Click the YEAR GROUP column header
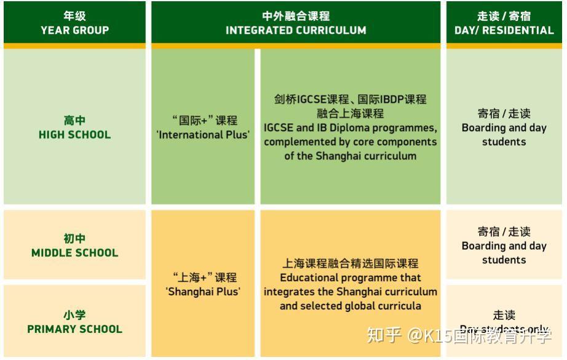(x=74, y=30)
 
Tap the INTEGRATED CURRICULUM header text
(x=296, y=30)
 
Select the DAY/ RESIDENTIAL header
(x=504, y=30)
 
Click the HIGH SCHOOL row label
(x=74, y=135)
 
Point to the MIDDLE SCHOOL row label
(x=74, y=253)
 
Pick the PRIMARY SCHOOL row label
(x=74, y=329)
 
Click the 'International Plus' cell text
(x=204, y=135)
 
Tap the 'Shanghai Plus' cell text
(x=203, y=292)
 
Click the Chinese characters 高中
(x=74, y=121)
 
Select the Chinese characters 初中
(x=74, y=239)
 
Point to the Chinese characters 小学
(x=74, y=315)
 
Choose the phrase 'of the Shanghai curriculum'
(x=350, y=156)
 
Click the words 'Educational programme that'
(x=350, y=278)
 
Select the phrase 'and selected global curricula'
(x=350, y=306)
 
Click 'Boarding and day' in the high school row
(x=504, y=128)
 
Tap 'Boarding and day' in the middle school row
(x=504, y=246)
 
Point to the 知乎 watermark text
(x=384, y=335)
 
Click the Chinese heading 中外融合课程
(x=296, y=16)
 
